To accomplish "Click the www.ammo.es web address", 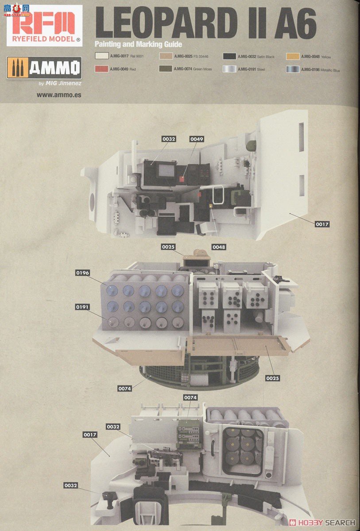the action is click(59, 95).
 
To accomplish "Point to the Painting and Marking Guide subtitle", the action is click(138, 44).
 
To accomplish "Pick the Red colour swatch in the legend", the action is click(102, 69).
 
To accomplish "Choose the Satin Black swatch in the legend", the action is click(229, 57).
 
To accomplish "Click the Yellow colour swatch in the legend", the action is click(293, 57).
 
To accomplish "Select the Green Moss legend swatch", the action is click(165, 69).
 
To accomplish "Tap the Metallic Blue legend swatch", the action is click(293, 69).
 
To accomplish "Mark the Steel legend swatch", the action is click(229, 69).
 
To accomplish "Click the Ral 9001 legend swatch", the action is click(102, 57).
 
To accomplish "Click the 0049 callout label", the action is click(197, 139).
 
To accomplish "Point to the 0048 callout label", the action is click(218, 246).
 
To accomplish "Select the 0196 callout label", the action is click(83, 273).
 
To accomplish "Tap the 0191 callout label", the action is click(83, 306).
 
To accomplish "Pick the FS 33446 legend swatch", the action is click(165, 57).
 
